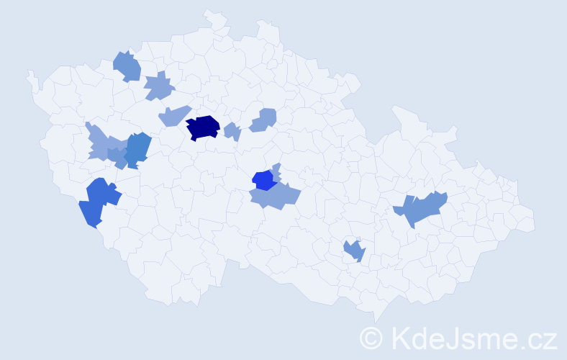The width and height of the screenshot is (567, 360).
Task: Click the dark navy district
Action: [x=203, y=127]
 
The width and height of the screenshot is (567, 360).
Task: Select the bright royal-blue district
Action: [x=263, y=179]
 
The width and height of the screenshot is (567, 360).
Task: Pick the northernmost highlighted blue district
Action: [x=127, y=66]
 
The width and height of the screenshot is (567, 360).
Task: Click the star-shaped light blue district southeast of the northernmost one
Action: [x=159, y=87]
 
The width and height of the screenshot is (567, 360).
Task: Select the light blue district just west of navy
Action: [x=173, y=115]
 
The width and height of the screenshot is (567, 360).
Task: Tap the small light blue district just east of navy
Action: [x=232, y=132]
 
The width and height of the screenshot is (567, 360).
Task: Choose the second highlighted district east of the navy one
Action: [x=264, y=120]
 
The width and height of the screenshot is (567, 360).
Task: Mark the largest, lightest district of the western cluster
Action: [x=101, y=143]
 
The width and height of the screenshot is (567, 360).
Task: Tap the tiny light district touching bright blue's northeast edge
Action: [x=276, y=169]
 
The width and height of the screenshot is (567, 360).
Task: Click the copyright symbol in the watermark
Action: [x=371, y=337]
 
